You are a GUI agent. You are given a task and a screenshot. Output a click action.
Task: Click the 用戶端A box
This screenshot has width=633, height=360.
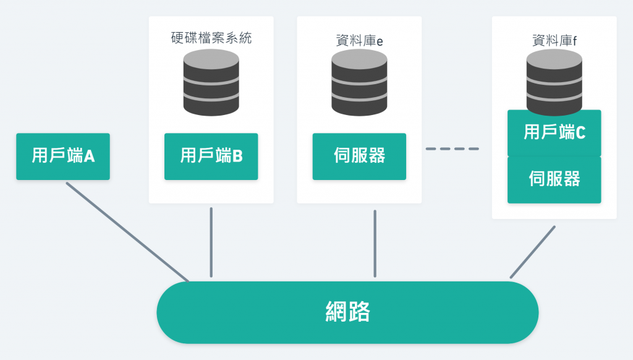[x=63, y=156]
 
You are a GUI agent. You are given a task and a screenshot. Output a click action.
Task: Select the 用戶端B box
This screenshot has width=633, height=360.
[x=211, y=156]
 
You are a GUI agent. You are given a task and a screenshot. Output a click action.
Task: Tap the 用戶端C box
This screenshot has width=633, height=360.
[x=554, y=133]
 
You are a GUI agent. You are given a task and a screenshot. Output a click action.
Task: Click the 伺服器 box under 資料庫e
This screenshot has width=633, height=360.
[x=359, y=156]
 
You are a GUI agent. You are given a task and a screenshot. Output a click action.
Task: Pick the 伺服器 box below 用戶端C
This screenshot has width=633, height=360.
[x=554, y=180]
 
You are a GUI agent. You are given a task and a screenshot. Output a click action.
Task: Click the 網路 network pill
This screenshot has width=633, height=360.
[x=347, y=312]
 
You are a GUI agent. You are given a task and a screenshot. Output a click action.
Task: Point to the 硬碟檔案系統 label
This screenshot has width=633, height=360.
[x=211, y=38]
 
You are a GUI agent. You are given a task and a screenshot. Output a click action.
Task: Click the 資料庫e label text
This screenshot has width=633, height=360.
[x=359, y=40]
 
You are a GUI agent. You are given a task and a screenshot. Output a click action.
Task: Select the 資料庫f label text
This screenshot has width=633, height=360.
[x=554, y=40]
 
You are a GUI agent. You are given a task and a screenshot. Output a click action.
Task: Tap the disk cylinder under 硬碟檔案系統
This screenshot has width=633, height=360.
[x=211, y=82]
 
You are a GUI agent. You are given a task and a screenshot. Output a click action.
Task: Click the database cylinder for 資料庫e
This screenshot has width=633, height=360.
[x=359, y=82]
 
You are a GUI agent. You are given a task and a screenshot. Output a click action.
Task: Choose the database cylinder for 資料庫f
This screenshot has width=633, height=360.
[x=554, y=82]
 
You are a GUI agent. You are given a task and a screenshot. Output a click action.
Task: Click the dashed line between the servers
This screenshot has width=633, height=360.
[x=452, y=148]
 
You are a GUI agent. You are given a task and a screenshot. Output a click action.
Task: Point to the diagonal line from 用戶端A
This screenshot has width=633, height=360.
[x=127, y=232]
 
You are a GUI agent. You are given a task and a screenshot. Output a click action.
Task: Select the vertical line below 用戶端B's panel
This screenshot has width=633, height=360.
[x=211, y=242]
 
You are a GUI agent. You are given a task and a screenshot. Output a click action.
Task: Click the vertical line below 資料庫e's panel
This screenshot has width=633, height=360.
[x=375, y=244]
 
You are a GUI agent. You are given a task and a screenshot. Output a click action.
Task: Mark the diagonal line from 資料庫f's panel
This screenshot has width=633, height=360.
[x=533, y=252]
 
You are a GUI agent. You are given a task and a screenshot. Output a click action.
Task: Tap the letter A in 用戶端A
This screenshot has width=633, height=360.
[x=89, y=156]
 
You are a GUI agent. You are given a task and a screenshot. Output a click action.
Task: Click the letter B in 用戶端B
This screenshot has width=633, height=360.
[x=238, y=156]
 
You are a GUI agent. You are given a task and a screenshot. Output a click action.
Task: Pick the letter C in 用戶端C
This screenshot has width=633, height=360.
[x=580, y=132]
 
